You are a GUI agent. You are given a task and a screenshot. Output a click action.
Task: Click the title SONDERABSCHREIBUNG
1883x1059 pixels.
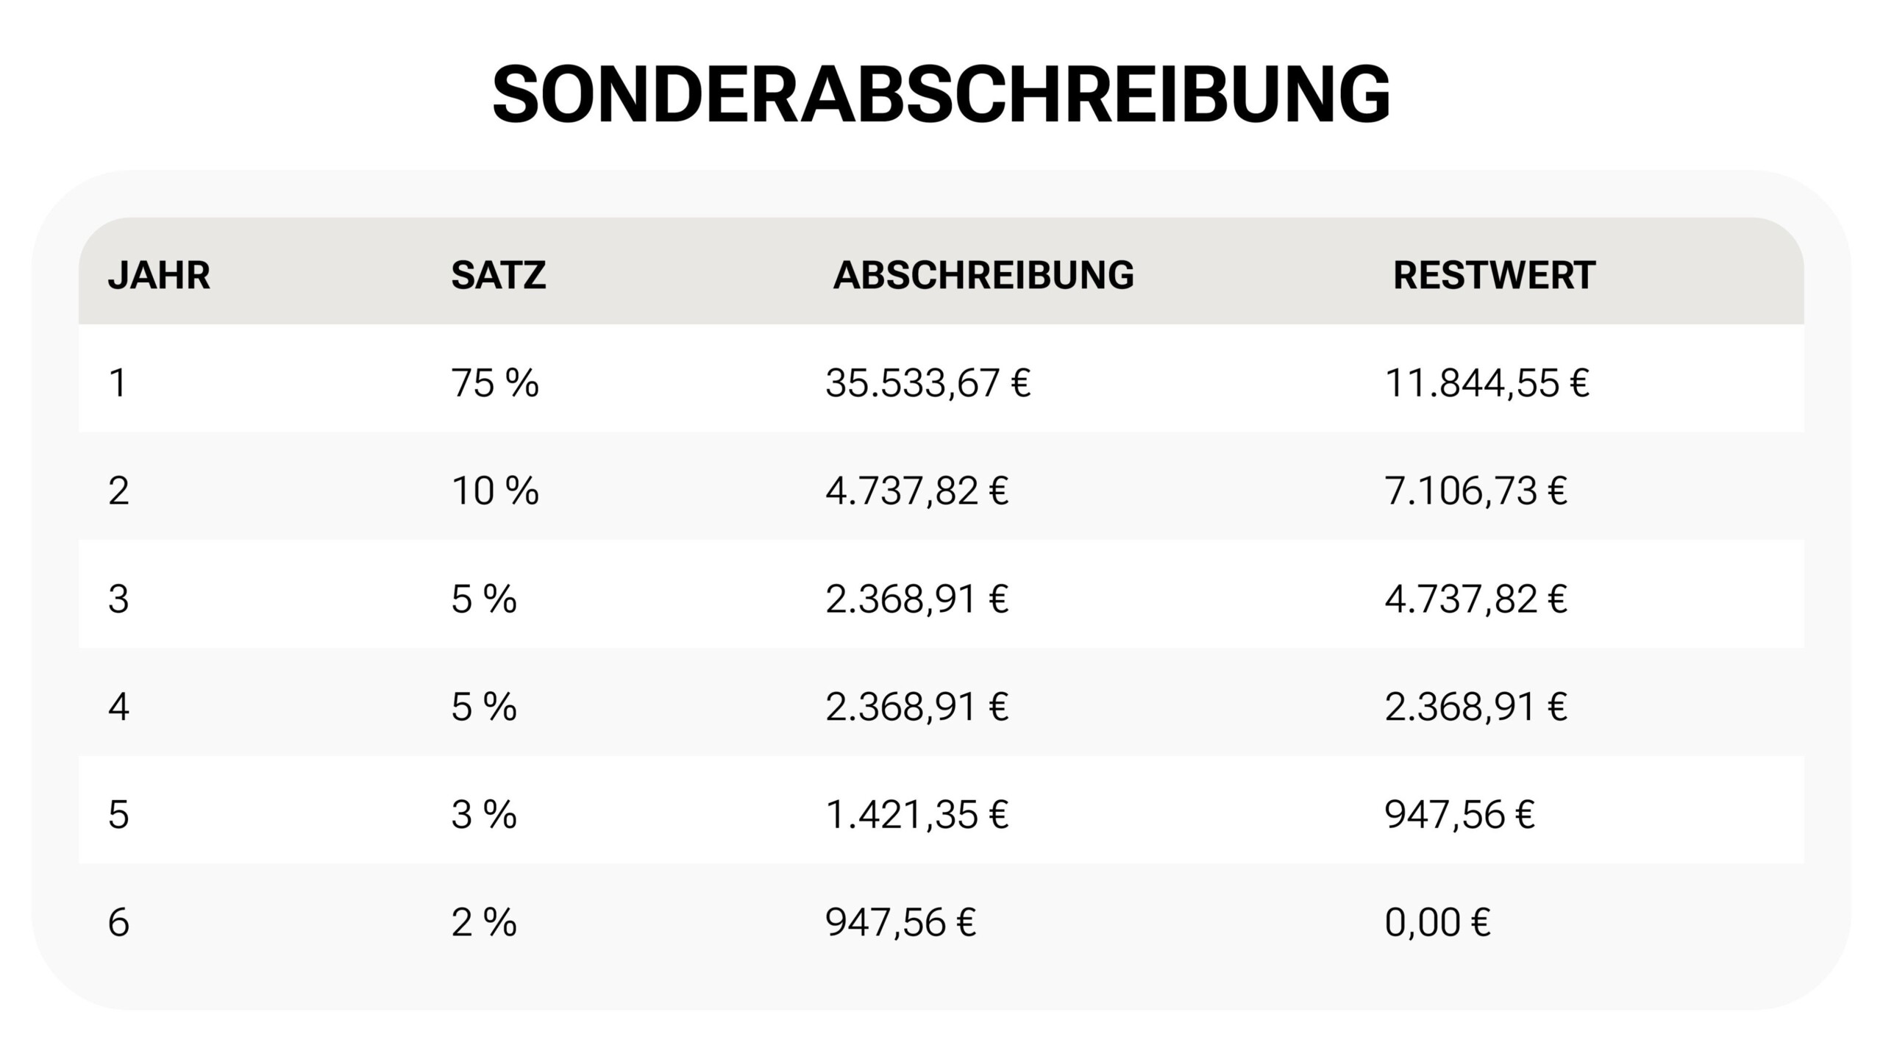pos(941,95)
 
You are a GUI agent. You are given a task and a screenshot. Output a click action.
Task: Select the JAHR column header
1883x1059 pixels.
pos(159,275)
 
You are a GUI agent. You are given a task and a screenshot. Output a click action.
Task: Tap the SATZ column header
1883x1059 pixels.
pos(498,275)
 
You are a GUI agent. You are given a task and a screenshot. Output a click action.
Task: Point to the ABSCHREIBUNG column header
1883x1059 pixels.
pos(983,275)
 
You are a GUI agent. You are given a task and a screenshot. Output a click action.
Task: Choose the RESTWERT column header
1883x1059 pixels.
pos(1494,275)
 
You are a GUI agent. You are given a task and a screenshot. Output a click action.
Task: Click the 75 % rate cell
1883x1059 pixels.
pos(494,383)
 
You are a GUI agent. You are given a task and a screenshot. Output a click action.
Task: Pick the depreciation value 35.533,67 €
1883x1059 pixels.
pos(928,383)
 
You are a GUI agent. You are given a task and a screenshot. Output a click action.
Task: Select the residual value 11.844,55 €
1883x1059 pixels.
pos(1487,383)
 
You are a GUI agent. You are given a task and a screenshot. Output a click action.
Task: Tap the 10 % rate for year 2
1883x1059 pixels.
pos(494,491)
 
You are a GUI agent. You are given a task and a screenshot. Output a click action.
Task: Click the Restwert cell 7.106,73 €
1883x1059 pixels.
pos(1476,491)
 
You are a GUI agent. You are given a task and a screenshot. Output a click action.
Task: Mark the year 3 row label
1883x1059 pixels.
pos(118,599)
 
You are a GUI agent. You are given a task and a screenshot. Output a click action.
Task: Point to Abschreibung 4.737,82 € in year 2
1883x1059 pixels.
pos(916,491)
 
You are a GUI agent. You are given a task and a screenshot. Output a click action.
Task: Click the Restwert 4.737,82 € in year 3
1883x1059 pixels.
pos(1476,599)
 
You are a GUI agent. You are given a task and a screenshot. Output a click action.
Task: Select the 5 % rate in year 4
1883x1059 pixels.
pos(483,707)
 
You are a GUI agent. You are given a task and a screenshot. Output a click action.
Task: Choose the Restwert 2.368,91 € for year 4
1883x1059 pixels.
pos(1476,707)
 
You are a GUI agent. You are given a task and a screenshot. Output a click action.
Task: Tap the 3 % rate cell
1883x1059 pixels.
pos(483,815)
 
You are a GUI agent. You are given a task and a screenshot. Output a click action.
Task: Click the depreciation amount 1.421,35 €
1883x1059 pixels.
pos(916,815)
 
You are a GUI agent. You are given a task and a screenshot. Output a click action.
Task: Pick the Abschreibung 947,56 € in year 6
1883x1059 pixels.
pos(900,922)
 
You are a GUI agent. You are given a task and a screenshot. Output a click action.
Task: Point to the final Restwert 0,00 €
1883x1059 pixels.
pos(1437,922)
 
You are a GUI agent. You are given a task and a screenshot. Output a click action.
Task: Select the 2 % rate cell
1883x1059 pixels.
pos(483,922)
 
